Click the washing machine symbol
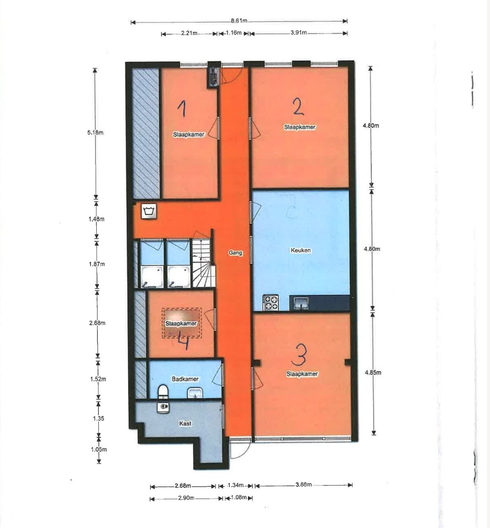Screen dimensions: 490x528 149,212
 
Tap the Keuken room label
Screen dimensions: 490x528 301,250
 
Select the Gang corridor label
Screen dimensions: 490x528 235,253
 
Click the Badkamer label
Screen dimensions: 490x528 185,379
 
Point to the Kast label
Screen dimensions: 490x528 185,423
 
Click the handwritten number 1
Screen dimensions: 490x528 182,108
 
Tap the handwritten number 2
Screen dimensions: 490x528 298,106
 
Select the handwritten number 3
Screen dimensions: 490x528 299,355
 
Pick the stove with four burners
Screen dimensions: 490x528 270,302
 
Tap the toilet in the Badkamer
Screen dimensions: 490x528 163,392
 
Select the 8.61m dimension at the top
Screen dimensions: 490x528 239,20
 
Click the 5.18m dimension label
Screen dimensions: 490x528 95,132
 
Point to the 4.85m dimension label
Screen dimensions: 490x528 373,372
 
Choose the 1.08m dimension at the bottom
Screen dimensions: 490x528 238,497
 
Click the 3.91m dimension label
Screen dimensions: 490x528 298,32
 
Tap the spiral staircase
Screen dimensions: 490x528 203,263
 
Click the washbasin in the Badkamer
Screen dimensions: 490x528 195,393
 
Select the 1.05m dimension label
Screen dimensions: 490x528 98,449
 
